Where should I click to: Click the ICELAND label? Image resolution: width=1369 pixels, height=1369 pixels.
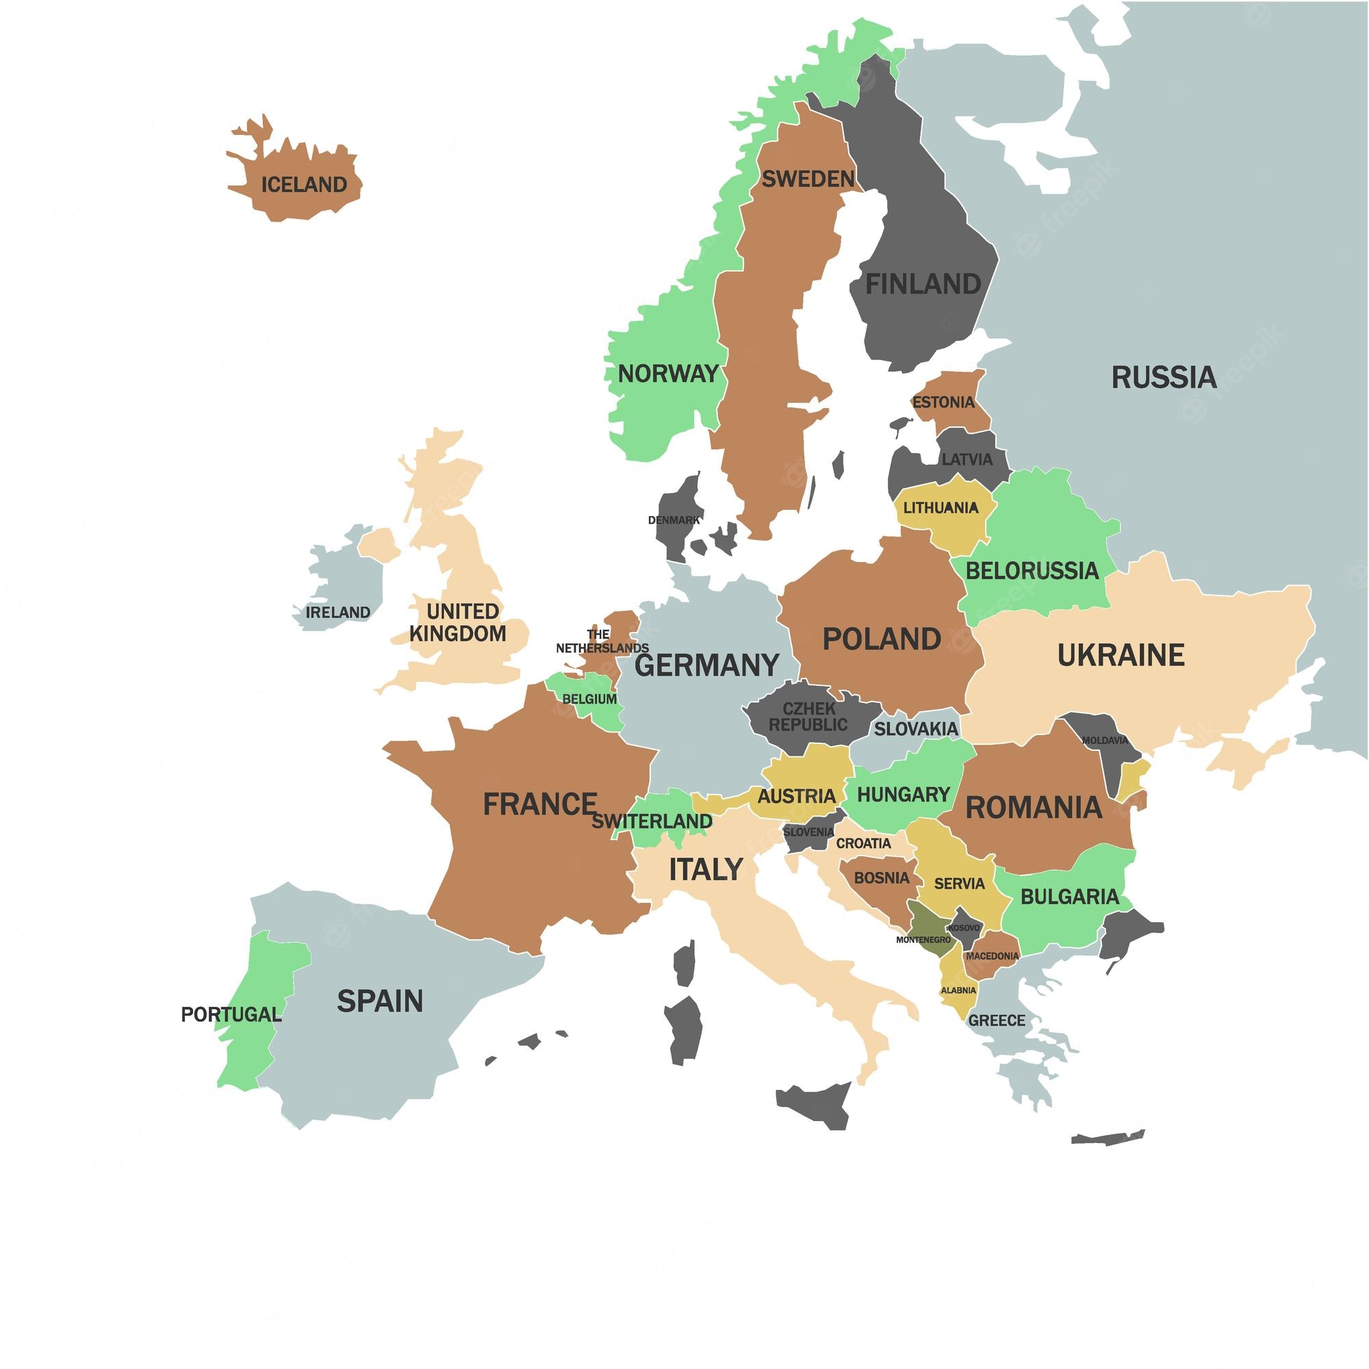[304, 185]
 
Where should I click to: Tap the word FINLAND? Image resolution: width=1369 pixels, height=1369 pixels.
[923, 284]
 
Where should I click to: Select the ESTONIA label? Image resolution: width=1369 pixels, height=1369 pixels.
[943, 402]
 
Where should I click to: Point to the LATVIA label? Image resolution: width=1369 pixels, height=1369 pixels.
[967, 459]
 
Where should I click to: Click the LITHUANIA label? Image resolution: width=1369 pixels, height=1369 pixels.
[941, 507]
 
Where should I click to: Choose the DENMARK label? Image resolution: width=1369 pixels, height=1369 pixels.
[673, 520]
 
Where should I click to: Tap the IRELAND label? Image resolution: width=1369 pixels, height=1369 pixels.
[338, 612]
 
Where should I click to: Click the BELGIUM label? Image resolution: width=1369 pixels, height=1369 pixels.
[589, 699]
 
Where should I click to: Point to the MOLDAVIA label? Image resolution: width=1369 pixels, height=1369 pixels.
[1105, 741]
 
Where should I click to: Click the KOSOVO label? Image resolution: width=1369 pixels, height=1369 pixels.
[964, 927]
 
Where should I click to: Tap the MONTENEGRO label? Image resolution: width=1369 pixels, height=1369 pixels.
[923, 940]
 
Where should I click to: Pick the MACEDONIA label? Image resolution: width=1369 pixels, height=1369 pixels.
[992, 956]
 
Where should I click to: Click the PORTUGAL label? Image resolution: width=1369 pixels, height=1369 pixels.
[231, 1014]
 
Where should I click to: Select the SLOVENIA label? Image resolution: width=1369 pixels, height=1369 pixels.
[808, 832]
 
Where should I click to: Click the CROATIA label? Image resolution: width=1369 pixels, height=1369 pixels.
[863, 843]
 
